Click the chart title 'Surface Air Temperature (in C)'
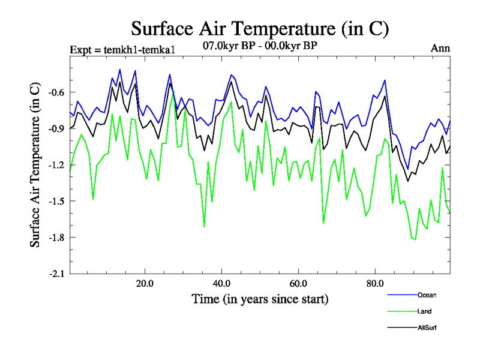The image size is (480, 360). point(260,28)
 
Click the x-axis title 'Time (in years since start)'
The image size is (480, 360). point(260,298)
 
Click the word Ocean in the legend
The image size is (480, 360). point(427,295)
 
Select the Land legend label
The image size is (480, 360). point(424,311)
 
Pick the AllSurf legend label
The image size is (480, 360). point(427,328)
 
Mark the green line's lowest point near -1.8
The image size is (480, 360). point(415,239)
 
